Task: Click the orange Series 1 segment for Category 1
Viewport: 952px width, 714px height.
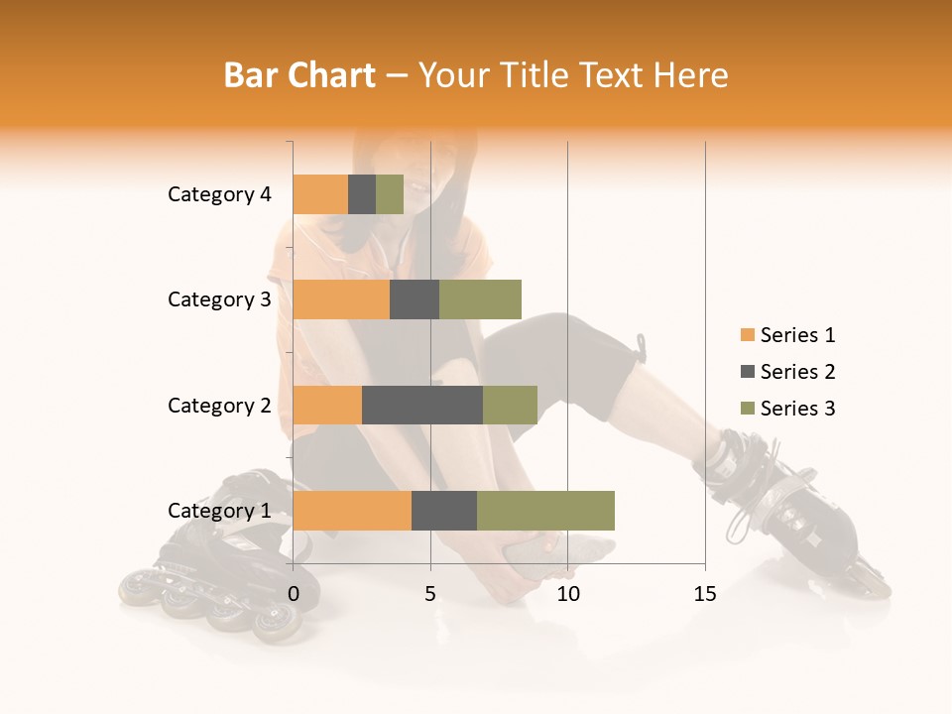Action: [x=352, y=511]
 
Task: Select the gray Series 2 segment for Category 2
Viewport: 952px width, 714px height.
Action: [x=422, y=405]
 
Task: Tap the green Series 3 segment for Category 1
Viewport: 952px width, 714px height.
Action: [x=545, y=511]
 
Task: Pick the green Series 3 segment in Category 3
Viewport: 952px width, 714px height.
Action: [x=480, y=299]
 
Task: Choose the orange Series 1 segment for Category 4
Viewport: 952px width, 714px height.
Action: [x=320, y=194]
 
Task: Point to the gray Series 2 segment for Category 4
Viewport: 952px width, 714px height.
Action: [x=362, y=194]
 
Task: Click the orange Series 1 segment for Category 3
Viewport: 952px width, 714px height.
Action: [x=341, y=299]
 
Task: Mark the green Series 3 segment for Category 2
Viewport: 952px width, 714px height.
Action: [x=510, y=405]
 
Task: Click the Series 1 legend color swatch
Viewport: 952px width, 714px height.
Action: [x=747, y=335]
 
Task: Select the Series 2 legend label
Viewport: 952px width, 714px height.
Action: [x=797, y=372]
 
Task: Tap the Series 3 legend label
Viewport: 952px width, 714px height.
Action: [x=797, y=409]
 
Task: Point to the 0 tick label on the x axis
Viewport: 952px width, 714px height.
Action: [x=294, y=594]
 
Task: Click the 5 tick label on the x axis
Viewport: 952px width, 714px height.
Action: [x=430, y=594]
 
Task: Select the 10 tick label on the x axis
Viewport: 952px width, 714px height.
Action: [x=567, y=594]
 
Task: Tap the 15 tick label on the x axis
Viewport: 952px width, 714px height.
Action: [x=704, y=594]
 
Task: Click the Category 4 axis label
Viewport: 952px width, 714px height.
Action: [x=219, y=194]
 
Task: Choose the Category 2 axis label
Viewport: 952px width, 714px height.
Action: [x=219, y=405]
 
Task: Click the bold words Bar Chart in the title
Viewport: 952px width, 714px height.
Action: [x=299, y=75]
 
